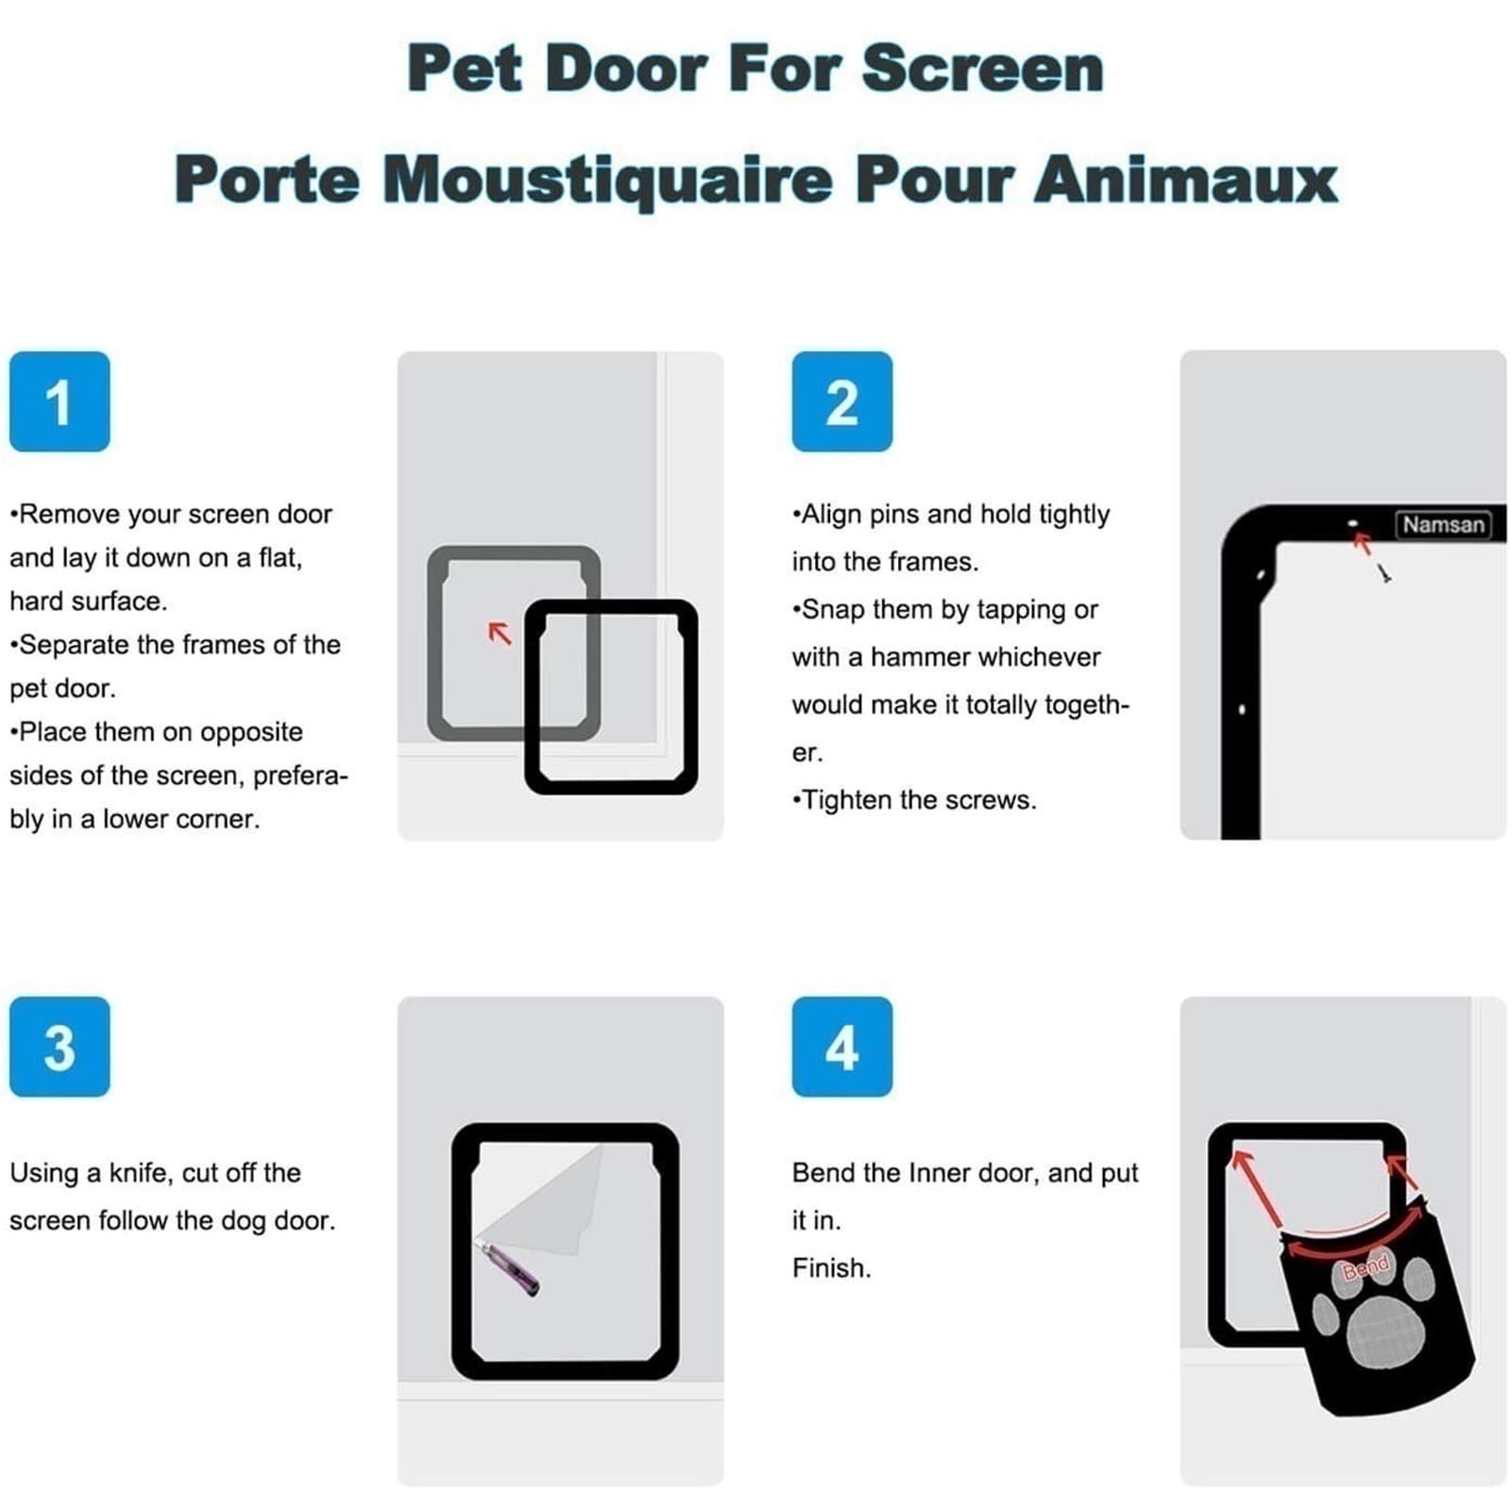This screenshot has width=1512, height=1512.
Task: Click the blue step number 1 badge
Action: click(x=59, y=401)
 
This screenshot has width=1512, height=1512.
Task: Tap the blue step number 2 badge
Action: click(x=841, y=401)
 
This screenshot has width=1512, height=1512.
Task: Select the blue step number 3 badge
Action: click(x=59, y=1046)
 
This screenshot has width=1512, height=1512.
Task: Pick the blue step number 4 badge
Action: click(x=841, y=1046)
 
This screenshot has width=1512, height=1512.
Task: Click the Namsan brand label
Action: click(x=1443, y=525)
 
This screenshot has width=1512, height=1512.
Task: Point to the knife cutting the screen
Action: click(x=511, y=1267)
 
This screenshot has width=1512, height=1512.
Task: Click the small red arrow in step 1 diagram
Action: click(x=500, y=633)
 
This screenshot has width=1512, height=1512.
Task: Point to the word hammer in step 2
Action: click(x=909, y=657)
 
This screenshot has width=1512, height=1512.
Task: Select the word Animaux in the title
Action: click(x=1186, y=178)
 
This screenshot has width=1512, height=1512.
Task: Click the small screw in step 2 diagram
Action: click(x=1384, y=572)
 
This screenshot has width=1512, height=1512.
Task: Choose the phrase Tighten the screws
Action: click(x=914, y=800)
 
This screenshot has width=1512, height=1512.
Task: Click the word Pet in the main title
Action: click(x=464, y=69)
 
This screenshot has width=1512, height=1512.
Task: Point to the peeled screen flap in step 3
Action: click(x=543, y=1199)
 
